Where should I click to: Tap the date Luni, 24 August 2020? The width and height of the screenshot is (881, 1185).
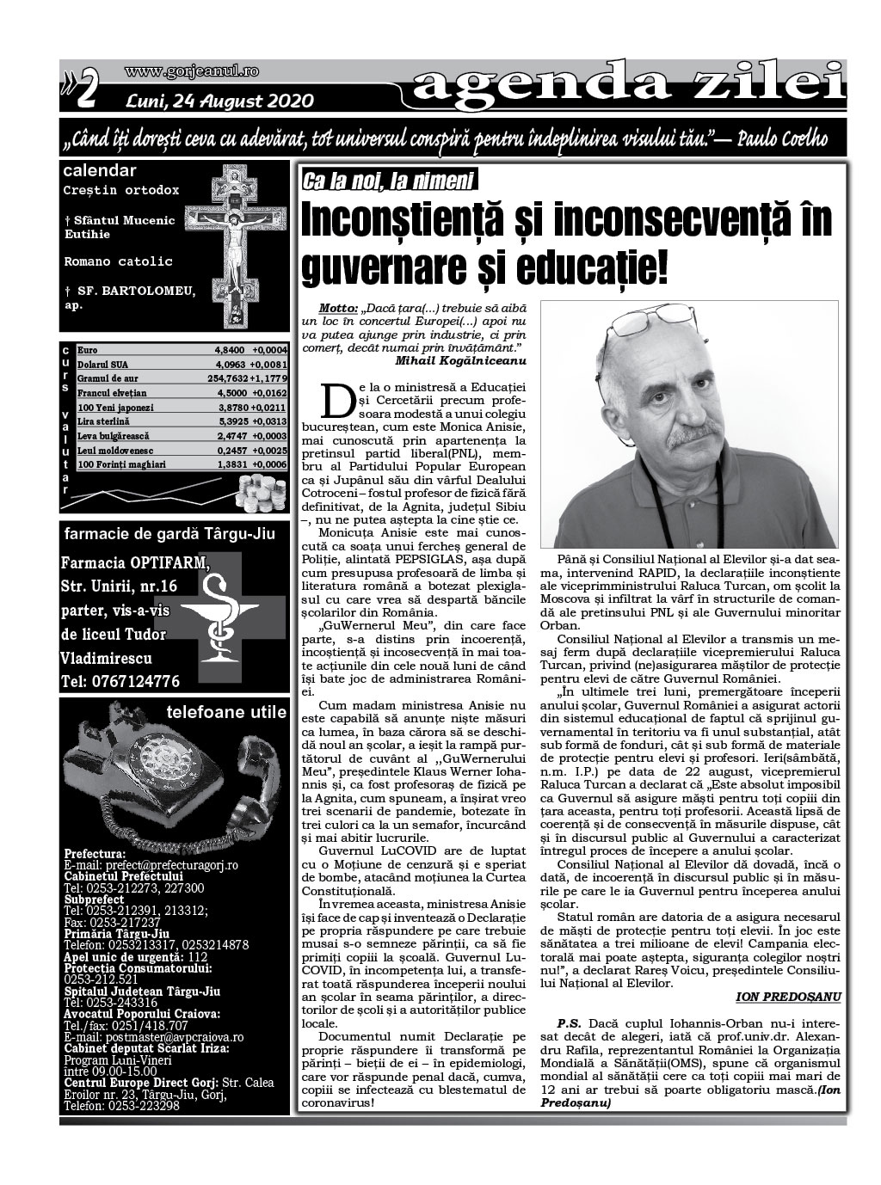click(219, 101)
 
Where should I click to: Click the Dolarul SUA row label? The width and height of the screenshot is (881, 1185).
click(102, 365)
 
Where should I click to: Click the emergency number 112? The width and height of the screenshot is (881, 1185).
click(197, 955)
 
